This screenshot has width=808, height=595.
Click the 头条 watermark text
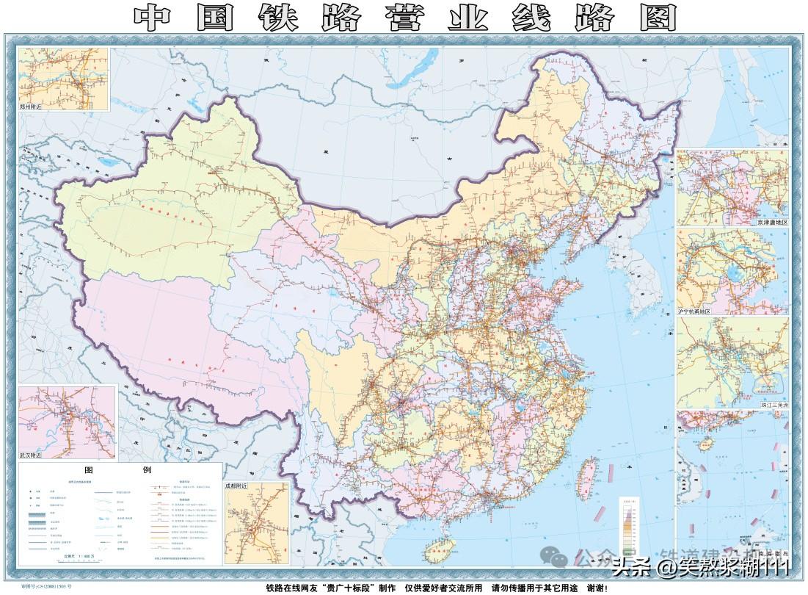[x=630, y=566]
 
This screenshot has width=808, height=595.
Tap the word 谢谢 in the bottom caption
[x=597, y=588]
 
